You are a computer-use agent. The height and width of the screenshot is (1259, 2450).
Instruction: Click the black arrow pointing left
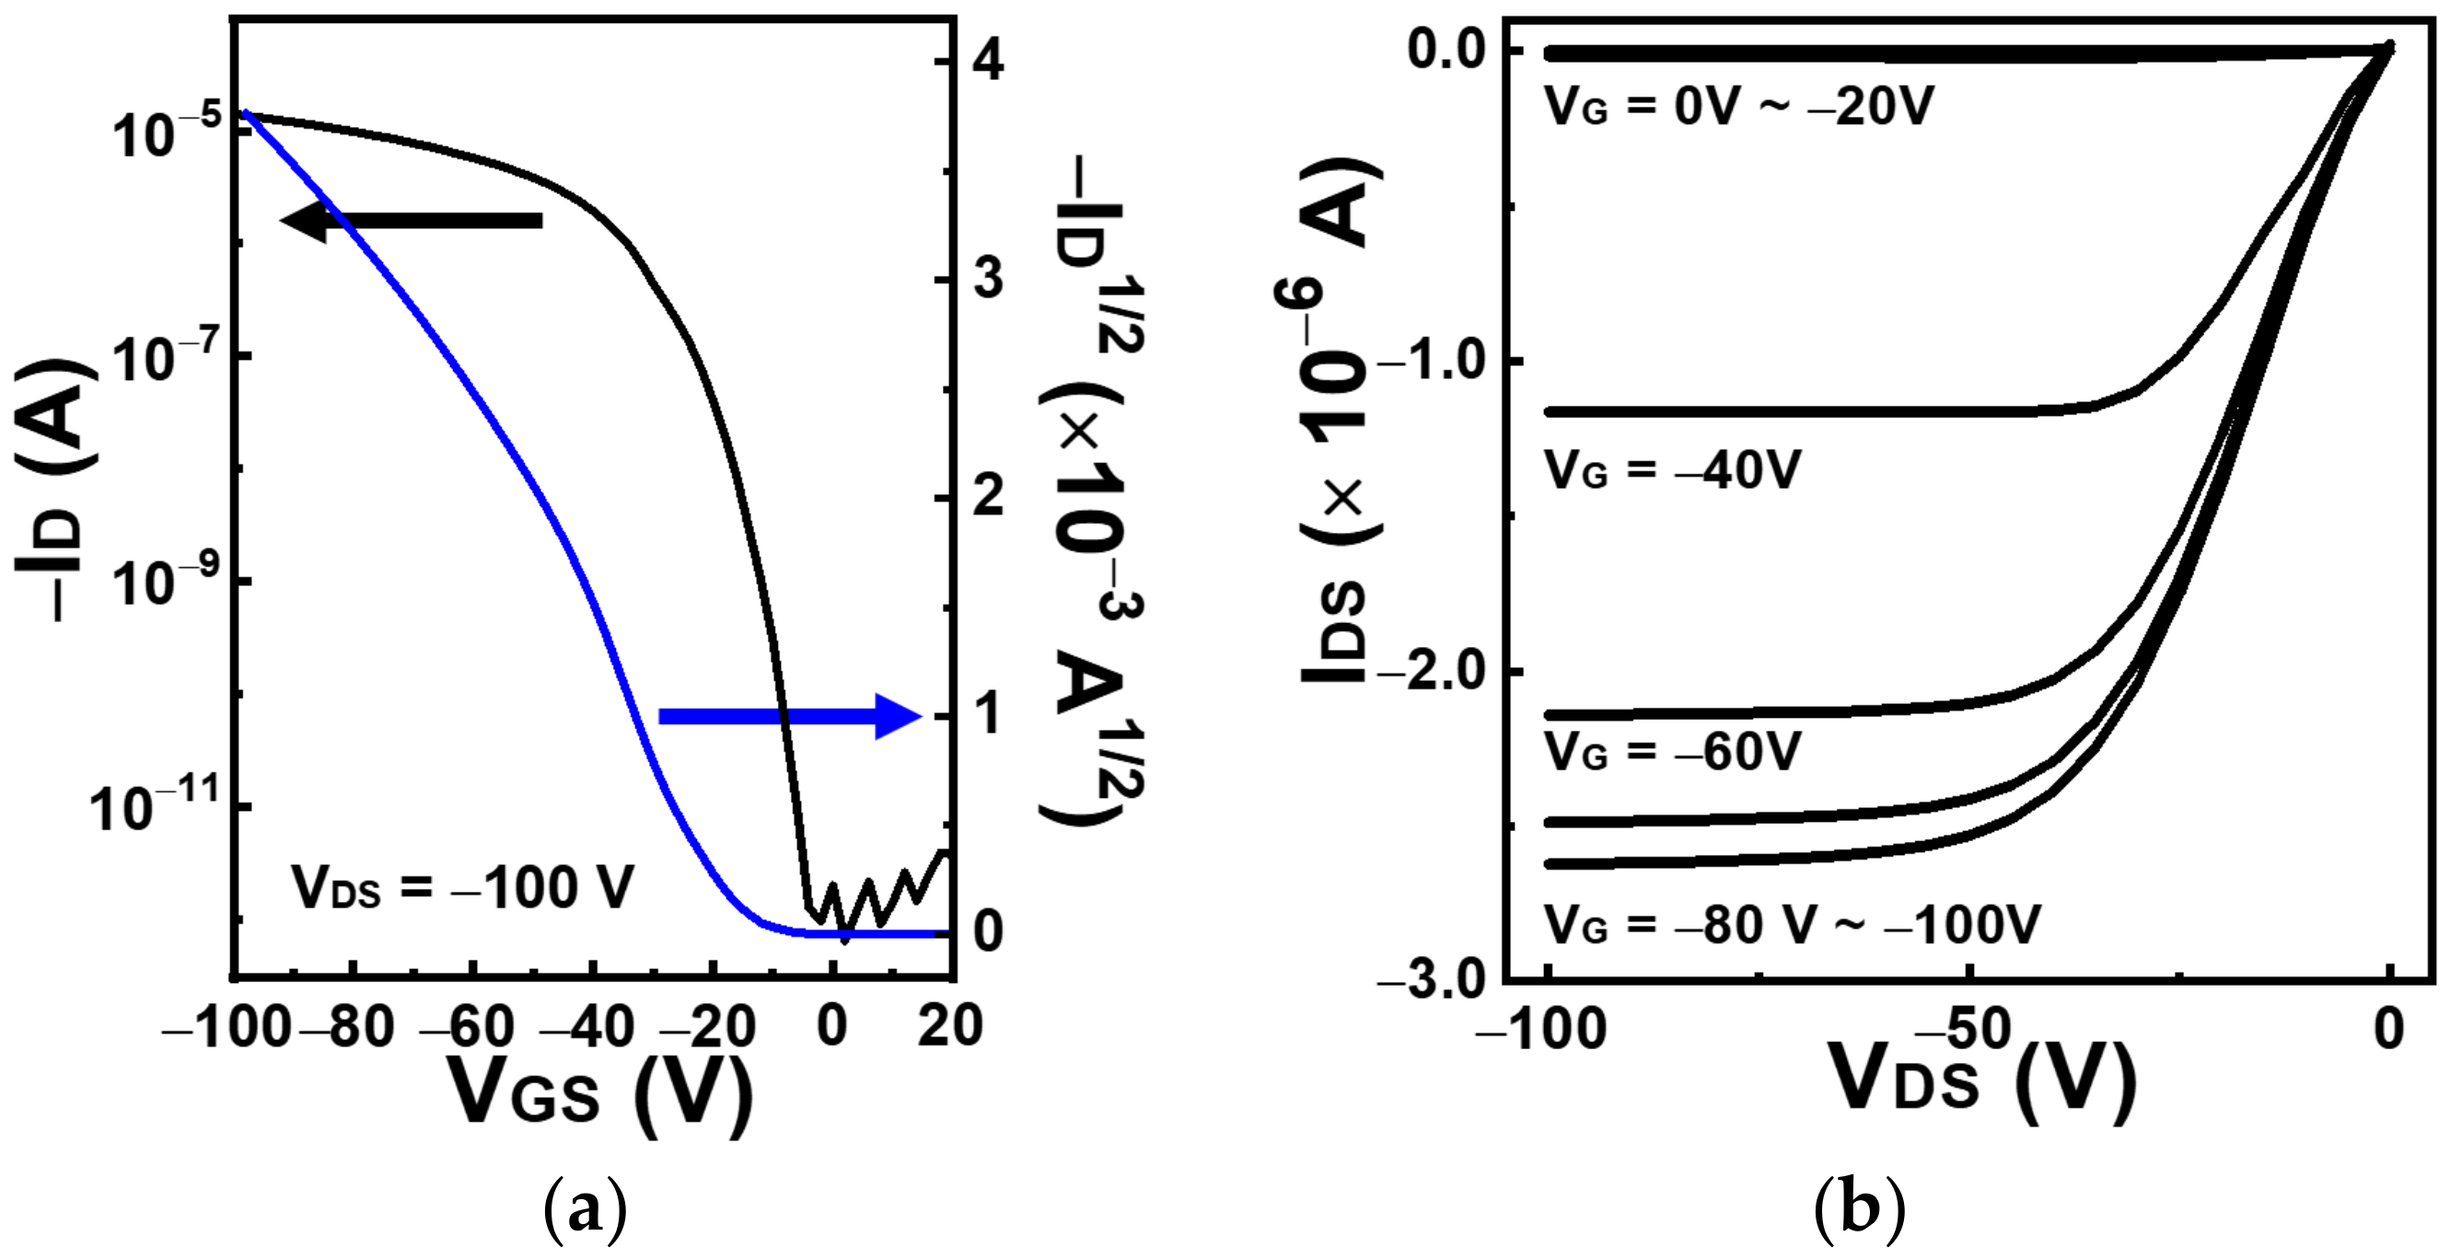411,222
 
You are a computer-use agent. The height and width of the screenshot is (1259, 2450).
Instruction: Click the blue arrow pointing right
790,716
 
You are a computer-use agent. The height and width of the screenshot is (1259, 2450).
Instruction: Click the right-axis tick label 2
988,497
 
